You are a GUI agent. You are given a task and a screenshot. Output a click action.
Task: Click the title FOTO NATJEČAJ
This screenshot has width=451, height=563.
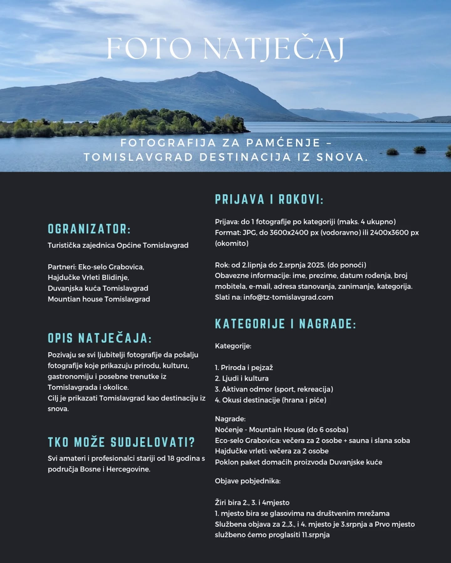(x=225, y=48)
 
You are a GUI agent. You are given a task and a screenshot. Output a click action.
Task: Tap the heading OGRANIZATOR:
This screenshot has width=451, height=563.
(x=89, y=229)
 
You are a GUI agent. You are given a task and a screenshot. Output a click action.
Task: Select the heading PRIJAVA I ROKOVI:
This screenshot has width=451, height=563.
(x=269, y=200)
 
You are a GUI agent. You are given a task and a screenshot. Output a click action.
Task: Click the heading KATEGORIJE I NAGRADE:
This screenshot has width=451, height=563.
(x=285, y=324)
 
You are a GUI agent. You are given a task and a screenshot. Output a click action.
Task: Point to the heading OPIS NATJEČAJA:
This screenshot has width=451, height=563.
(x=100, y=338)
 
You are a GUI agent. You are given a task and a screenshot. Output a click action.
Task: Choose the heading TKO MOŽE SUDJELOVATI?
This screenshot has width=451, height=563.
(x=121, y=442)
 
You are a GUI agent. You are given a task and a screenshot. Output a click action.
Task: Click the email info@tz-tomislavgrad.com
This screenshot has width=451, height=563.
(x=288, y=297)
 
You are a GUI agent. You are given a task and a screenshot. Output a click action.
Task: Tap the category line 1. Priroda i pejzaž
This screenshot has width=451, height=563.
(x=244, y=368)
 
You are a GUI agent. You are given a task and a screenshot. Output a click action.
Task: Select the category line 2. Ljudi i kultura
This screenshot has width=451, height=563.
(x=242, y=378)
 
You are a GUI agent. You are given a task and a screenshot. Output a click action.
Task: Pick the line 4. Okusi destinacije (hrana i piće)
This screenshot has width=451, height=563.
(x=271, y=400)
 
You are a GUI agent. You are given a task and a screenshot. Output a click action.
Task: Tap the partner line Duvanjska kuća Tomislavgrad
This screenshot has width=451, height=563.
(x=98, y=288)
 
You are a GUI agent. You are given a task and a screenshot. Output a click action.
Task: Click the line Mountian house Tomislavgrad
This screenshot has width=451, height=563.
(x=99, y=299)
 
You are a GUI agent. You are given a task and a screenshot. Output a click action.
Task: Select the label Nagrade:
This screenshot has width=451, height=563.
(x=230, y=419)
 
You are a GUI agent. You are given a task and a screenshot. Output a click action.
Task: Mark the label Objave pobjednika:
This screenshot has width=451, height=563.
(x=248, y=481)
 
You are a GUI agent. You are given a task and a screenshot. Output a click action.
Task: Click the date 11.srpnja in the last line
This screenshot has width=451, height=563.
(x=316, y=535)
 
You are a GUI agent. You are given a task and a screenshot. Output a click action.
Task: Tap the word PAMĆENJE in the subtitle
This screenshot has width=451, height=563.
(x=283, y=143)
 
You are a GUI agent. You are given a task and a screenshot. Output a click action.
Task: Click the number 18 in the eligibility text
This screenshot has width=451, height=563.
(x=171, y=459)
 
